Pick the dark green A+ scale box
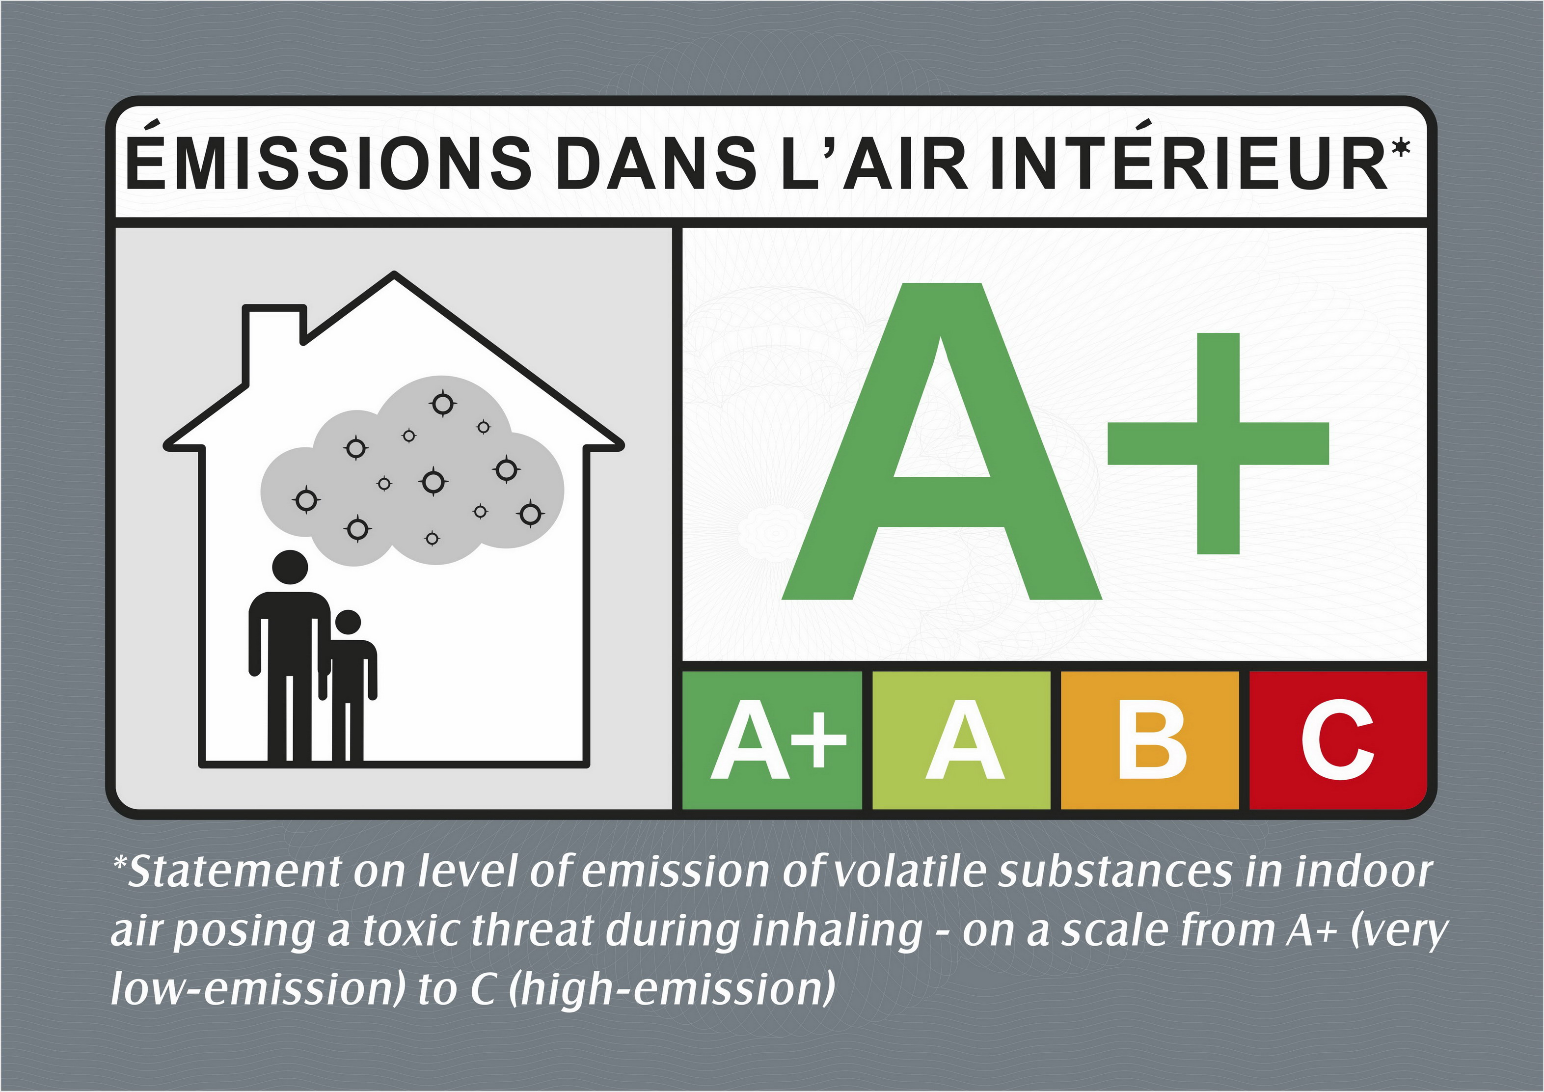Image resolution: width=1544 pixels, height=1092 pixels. coord(772,739)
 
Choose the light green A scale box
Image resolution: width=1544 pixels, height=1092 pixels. coord(961,739)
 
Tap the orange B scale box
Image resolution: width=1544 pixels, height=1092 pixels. coord(1150,739)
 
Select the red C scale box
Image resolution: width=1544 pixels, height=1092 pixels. coord(1338,739)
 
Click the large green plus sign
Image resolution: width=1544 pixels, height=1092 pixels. coord(1219,444)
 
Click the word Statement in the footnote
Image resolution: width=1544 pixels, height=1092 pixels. coord(235,872)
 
